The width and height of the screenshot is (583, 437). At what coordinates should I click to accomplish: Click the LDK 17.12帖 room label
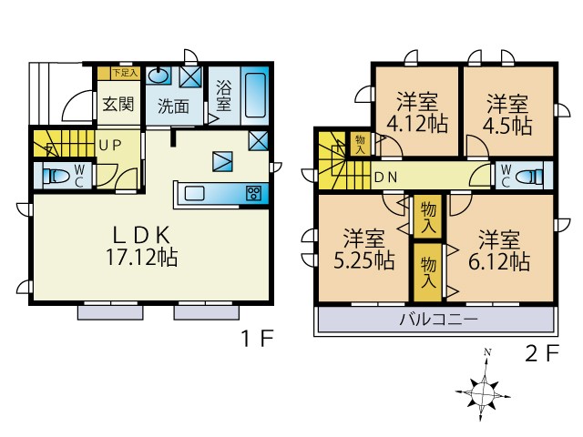pos(142,246)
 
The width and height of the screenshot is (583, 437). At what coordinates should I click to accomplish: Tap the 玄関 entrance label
pos(118,104)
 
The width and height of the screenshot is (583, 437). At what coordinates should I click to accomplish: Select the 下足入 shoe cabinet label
pos(126,73)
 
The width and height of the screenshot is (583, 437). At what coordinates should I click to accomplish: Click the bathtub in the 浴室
pos(255,95)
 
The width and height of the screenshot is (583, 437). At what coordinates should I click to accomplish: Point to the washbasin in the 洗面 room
pos(159,76)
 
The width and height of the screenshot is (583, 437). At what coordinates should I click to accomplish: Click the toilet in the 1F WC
pos(56,176)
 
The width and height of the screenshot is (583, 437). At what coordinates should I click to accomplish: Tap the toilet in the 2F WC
pos(531,176)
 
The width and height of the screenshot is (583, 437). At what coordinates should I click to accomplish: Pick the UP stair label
pos(110,146)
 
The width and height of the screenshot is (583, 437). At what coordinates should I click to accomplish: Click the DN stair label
pos(385,178)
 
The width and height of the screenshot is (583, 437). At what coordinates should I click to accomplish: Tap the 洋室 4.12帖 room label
pos(417,113)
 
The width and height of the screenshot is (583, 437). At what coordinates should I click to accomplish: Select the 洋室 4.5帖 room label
pos(507,115)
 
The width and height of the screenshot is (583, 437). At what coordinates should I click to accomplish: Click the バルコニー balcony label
pos(438,319)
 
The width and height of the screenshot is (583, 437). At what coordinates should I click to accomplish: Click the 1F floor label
pos(258,338)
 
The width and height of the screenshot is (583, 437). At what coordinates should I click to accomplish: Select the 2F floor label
pos(542,353)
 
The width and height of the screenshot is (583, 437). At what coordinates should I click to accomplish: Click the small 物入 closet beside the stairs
pos(360,145)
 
